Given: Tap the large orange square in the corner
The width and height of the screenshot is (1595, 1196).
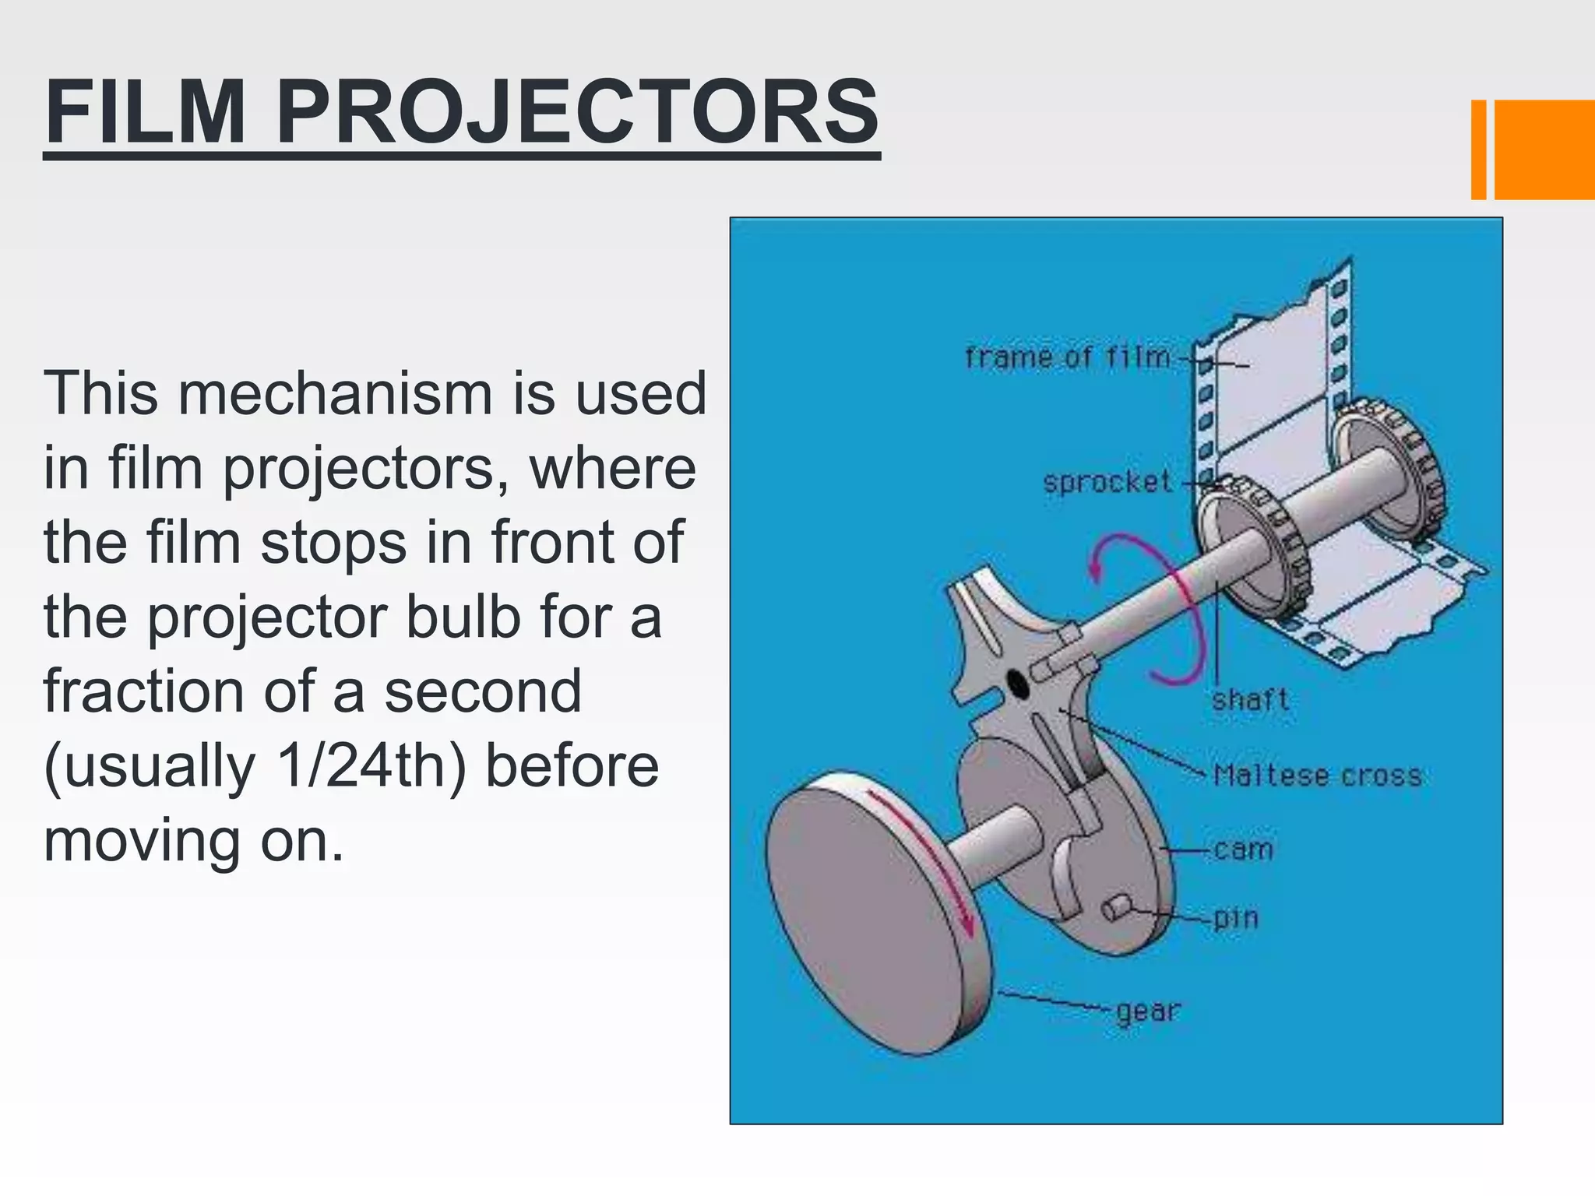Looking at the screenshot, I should (1544, 149).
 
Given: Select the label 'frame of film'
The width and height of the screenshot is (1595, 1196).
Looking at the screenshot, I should (1068, 357).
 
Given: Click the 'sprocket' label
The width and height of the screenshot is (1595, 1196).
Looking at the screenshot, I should (1107, 482).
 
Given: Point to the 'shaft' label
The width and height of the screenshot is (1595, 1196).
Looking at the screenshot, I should (1250, 699).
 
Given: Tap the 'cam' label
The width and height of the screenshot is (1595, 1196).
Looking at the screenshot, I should (1243, 849).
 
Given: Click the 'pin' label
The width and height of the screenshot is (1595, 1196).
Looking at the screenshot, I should (1236, 918).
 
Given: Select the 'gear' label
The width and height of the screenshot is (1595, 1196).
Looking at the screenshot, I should (1148, 1011).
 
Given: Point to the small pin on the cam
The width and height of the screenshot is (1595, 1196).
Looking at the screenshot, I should (1116, 907).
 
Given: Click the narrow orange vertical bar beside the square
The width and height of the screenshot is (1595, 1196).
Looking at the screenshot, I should (1478, 149).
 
